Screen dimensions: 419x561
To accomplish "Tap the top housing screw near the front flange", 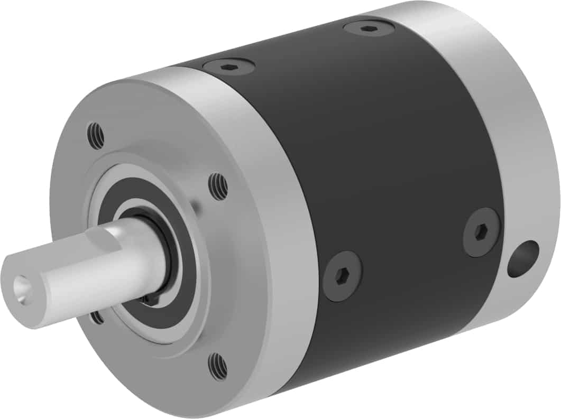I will pos(229,67).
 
